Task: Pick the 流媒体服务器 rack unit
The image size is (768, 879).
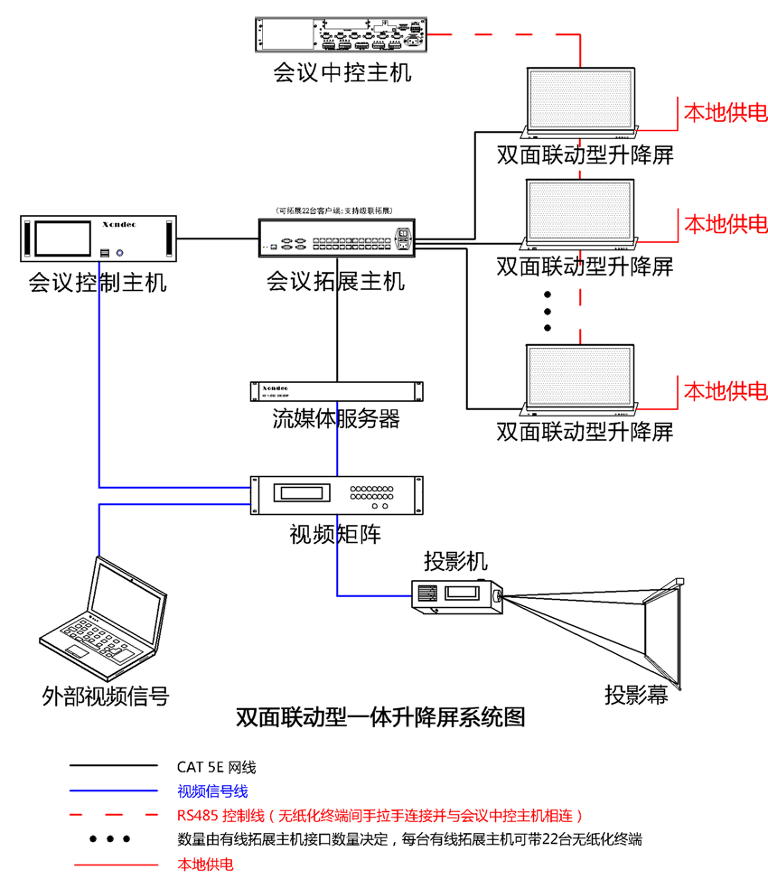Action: click(x=336, y=391)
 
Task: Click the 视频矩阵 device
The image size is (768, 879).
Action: click(x=335, y=494)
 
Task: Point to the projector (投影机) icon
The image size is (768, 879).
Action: click(x=456, y=595)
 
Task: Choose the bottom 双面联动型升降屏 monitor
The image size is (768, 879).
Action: click(x=581, y=377)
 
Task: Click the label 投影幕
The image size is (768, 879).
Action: click(x=642, y=695)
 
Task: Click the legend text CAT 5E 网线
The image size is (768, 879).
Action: click(x=217, y=767)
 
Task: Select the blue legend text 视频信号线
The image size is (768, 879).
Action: click(x=212, y=791)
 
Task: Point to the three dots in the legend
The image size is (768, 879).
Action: click(x=109, y=839)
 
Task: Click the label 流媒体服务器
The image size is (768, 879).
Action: click(x=336, y=419)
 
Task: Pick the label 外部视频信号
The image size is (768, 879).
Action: click(x=106, y=696)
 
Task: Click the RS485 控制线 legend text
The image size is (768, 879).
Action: click(x=380, y=816)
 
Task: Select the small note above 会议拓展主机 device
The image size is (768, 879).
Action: click(x=335, y=210)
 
